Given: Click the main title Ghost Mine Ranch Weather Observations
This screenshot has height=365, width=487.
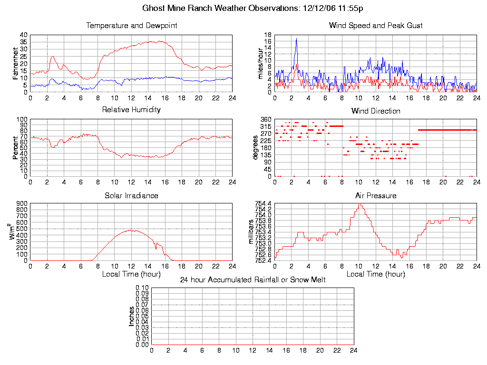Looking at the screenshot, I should click(253, 8).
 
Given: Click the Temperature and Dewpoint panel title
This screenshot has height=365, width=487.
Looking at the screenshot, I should click(131, 26).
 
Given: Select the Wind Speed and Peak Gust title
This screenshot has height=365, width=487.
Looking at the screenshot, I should click(376, 26).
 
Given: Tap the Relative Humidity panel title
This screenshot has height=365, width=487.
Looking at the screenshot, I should click(131, 110).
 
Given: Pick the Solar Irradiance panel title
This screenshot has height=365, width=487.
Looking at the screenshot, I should click(131, 195).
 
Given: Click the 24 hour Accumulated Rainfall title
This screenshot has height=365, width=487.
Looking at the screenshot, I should click(253, 280).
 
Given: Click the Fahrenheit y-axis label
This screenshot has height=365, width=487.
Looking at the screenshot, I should click(16, 63).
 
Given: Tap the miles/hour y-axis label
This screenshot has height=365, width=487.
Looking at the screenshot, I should click(261, 63).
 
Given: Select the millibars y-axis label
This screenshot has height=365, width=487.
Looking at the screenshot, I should click(252, 232).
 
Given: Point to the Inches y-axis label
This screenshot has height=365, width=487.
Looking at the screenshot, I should click(131, 316).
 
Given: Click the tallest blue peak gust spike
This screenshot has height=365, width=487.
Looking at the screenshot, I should click(296, 38).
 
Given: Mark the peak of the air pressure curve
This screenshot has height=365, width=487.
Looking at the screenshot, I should click(360, 204).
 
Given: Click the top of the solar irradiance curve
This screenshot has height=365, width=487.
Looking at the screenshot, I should click(131, 230).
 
